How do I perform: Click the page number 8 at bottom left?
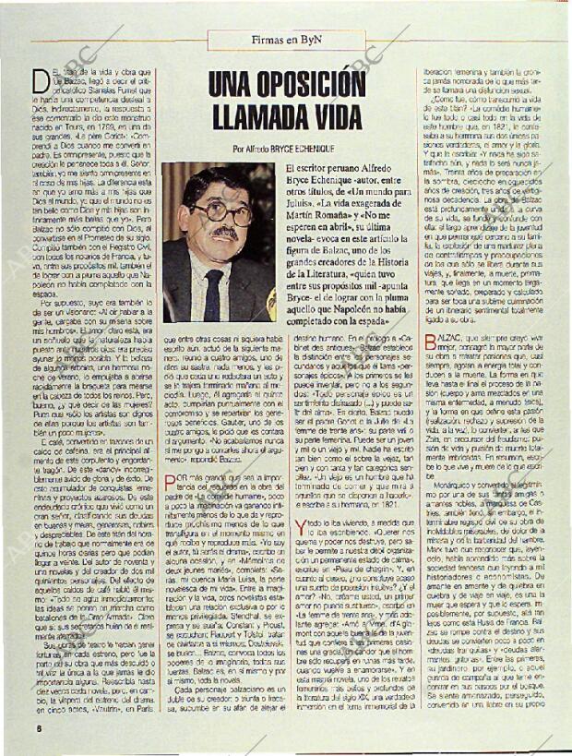point(38,727)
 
